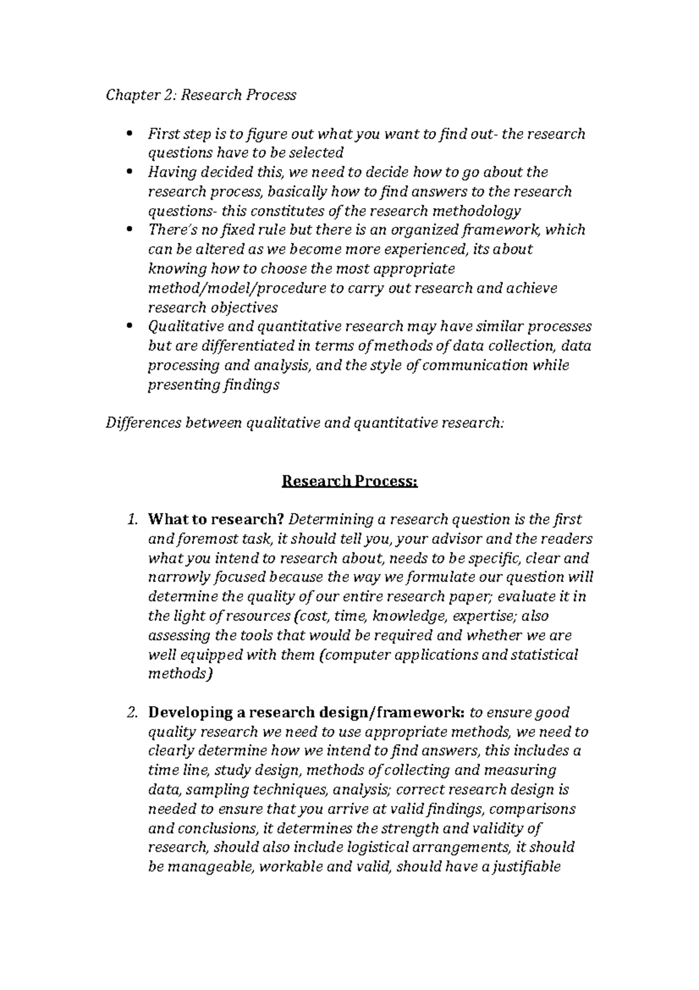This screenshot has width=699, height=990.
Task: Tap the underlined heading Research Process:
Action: [x=349, y=482]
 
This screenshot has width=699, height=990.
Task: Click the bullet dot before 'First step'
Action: [x=128, y=135]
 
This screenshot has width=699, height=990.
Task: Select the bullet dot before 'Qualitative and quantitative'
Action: [x=128, y=327]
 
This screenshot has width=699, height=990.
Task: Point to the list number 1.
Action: [x=132, y=519]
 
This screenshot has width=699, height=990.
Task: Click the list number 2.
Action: [x=132, y=712]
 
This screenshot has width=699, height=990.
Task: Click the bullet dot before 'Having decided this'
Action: [x=128, y=173]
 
